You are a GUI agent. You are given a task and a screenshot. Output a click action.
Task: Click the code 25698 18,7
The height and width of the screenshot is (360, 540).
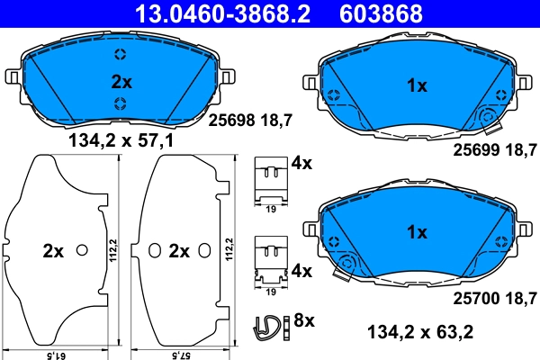click(251, 119)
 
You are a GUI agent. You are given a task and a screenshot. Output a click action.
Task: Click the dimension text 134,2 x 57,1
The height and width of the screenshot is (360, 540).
click(121, 141)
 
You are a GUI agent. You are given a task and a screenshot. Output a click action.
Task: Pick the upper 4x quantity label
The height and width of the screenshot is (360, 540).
click(301, 163)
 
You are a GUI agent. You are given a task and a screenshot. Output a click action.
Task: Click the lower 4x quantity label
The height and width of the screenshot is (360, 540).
click(301, 270)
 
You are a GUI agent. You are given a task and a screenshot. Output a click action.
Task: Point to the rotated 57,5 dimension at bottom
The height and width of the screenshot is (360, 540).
click(182, 354)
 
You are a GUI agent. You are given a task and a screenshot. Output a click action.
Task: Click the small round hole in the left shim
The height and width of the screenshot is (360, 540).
click(82, 250)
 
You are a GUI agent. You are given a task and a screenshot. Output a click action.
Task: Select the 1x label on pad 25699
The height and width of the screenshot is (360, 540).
click(416, 87)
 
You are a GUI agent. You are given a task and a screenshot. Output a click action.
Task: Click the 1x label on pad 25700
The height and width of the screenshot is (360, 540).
click(416, 232)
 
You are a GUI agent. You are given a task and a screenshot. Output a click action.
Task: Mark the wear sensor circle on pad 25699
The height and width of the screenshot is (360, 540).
click(490, 115)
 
